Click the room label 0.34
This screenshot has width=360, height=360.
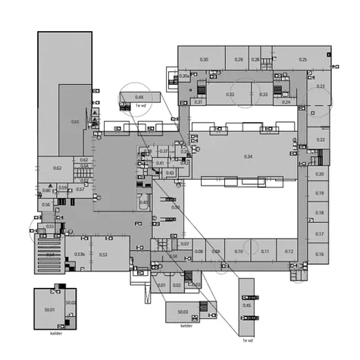tap(248, 156)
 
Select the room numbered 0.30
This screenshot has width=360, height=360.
tap(204, 59)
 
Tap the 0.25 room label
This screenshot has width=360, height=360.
tap(303, 59)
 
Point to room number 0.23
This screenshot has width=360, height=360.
tap(321, 86)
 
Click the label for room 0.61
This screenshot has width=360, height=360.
tap(75, 121)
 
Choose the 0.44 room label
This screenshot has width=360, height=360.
tap(139, 97)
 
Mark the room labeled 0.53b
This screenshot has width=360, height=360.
tap(80, 255)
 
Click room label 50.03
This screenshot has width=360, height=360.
tap(183, 311)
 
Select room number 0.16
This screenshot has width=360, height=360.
tap(320, 255)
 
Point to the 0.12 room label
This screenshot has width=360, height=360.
tap(289, 252)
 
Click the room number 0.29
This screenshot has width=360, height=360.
tap(239, 59)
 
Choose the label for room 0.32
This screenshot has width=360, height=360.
tap(230, 95)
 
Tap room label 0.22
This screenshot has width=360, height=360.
tap(321, 139)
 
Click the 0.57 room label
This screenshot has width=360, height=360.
tap(80, 189)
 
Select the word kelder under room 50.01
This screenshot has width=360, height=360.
tap(56, 333)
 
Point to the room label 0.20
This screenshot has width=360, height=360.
tap(320, 174)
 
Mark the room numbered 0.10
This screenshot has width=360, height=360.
tap(239, 252)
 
